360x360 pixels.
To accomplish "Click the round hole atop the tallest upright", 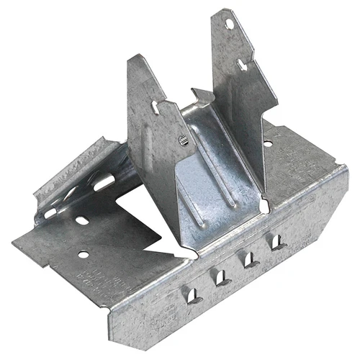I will [x=230, y=24].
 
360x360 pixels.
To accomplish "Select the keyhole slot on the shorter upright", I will [x=156, y=107].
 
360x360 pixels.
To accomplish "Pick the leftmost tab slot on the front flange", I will [x=192, y=294].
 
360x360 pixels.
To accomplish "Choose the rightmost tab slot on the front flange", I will [x=276, y=241].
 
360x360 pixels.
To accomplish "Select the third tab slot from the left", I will [x=249, y=258].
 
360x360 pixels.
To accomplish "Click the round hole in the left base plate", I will [x=84, y=254].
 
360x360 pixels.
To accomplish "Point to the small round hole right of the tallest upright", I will [x=268, y=144].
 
